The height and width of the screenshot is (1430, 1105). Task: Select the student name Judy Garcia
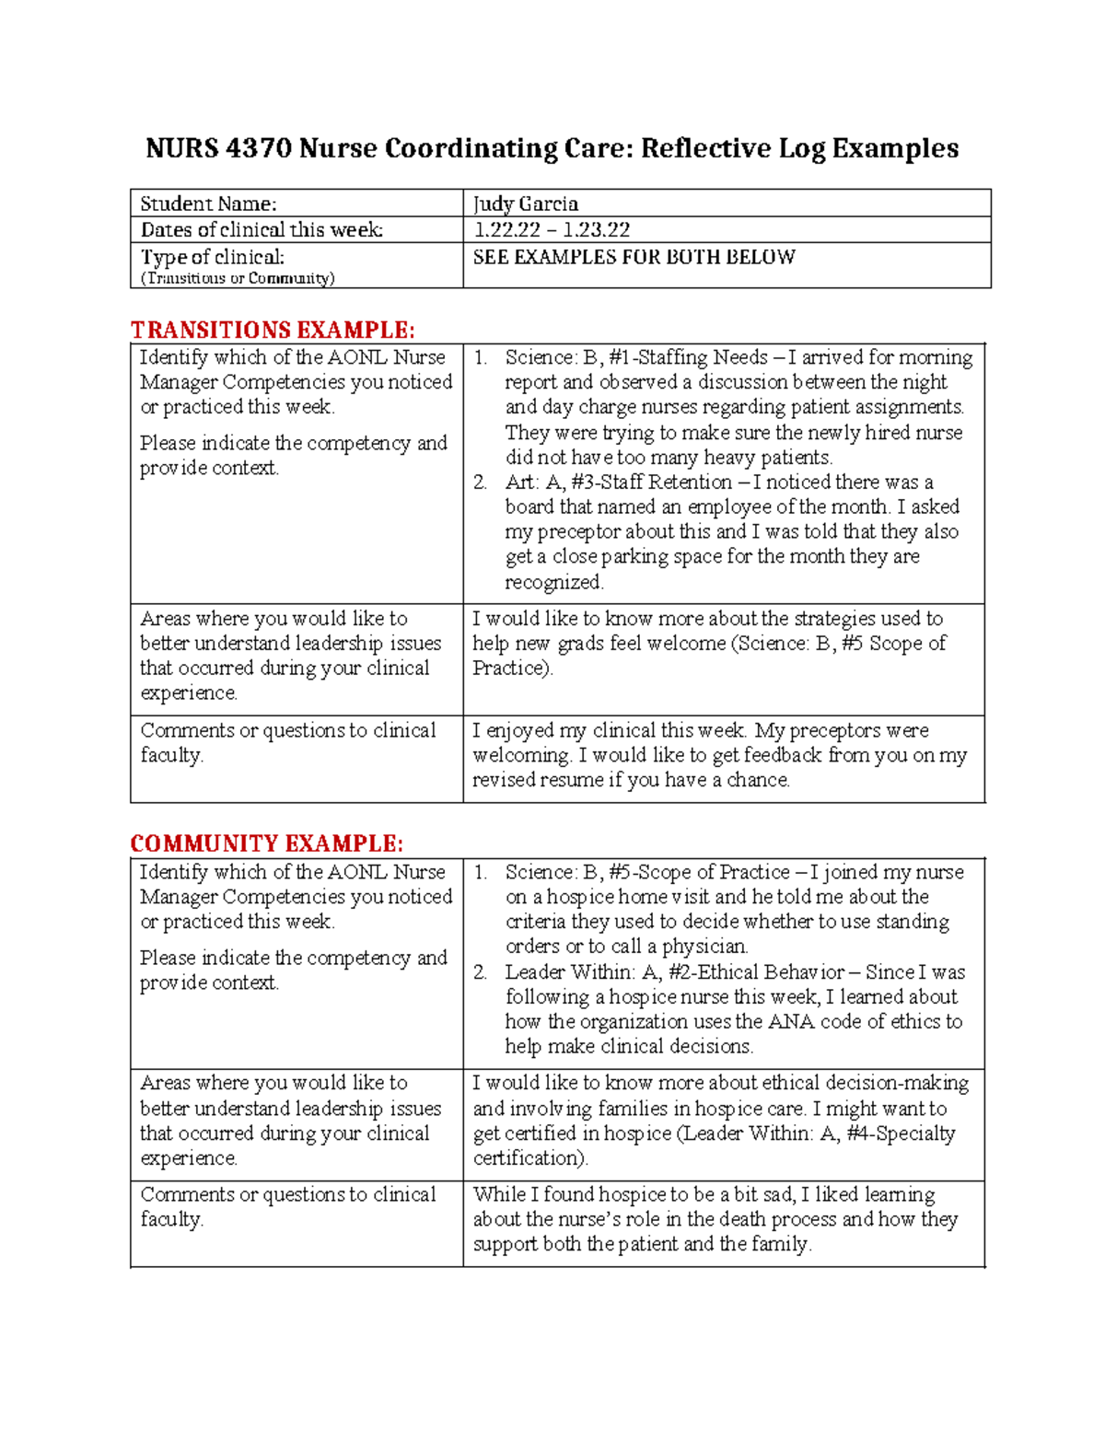coord(525,203)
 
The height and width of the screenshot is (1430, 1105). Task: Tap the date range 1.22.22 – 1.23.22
coord(551,229)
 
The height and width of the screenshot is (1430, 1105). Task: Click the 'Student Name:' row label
coord(208,203)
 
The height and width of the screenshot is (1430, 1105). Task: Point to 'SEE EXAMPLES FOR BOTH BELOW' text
coord(634,257)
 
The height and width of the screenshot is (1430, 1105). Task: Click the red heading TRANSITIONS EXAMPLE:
coord(273,330)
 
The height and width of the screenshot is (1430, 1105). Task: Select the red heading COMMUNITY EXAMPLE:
coord(266,843)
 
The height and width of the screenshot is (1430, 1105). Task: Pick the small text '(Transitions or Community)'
coord(238,278)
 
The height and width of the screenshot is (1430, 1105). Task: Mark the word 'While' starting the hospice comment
coord(498,1194)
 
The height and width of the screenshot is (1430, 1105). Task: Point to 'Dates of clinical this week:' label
coord(262,229)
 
